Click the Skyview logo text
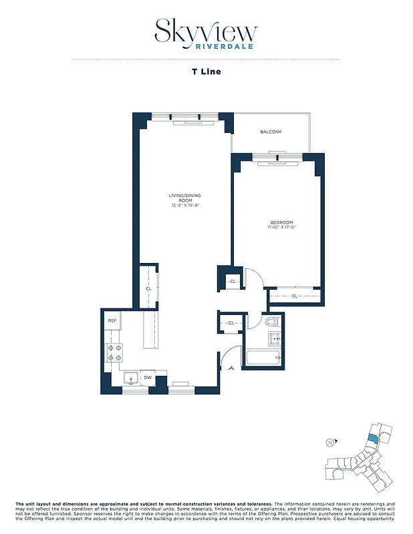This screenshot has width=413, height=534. [x=206, y=30]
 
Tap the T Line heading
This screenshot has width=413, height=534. [x=206, y=72]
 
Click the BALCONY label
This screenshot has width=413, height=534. [x=271, y=132]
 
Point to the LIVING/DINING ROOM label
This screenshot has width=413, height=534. [x=184, y=198]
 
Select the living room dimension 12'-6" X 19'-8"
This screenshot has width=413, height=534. [x=184, y=206]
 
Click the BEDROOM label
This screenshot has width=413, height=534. [x=281, y=222]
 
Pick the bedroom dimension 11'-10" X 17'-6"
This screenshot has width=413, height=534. [x=281, y=228]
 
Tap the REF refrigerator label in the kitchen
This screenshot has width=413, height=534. [x=112, y=321]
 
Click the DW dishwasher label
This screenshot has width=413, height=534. [x=147, y=378]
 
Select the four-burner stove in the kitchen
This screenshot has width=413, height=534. [x=114, y=352]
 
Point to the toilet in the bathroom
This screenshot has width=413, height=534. [x=272, y=322]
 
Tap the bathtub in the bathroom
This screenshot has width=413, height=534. [x=265, y=357]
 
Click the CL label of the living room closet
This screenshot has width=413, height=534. [x=148, y=288]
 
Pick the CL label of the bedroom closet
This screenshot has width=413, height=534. [x=294, y=295]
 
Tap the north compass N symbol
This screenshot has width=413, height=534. [x=329, y=442]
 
